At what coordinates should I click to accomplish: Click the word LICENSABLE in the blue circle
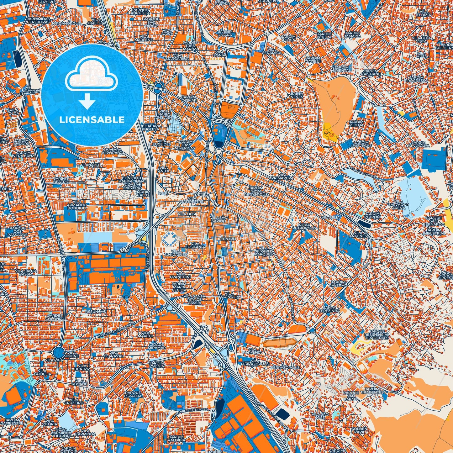click(92, 120)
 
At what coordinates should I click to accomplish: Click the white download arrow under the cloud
click(87, 102)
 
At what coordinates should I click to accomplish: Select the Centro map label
click(228, 239)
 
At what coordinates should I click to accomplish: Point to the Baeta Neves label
click(297, 95)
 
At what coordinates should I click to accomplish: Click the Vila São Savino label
click(219, 219)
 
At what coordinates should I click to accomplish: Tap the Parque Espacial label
click(133, 394)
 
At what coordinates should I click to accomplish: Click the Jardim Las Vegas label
click(361, 144)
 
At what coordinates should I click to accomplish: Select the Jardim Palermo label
click(338, 284)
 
